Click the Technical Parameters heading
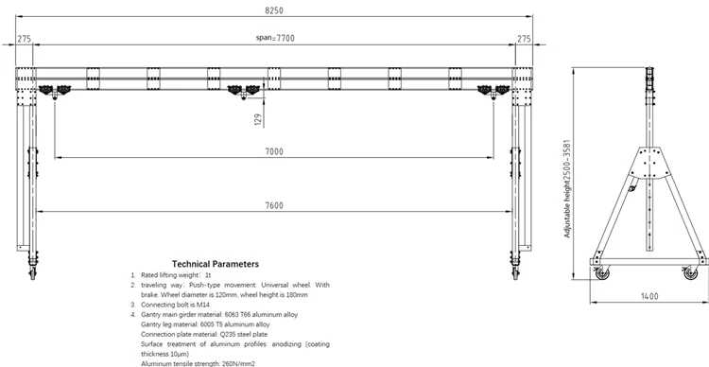point(215,264)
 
